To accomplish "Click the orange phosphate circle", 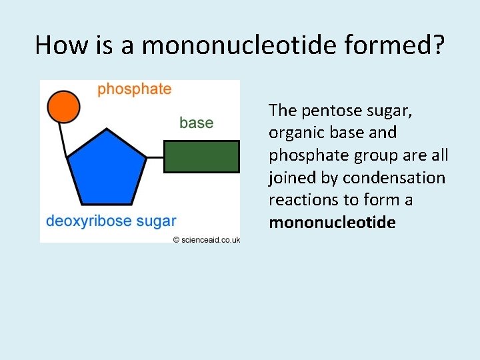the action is coord(63,107).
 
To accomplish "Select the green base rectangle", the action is coord(201,157).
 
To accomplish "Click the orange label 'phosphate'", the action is coord(134,89).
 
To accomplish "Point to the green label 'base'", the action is coord(196,123).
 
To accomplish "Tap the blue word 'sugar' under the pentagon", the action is coord(155,221).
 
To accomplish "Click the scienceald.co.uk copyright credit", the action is coord(206,240).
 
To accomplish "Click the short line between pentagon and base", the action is coord(155,157).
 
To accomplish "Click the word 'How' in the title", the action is coord(61,45).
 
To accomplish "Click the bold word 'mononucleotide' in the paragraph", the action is coord(332,222).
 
